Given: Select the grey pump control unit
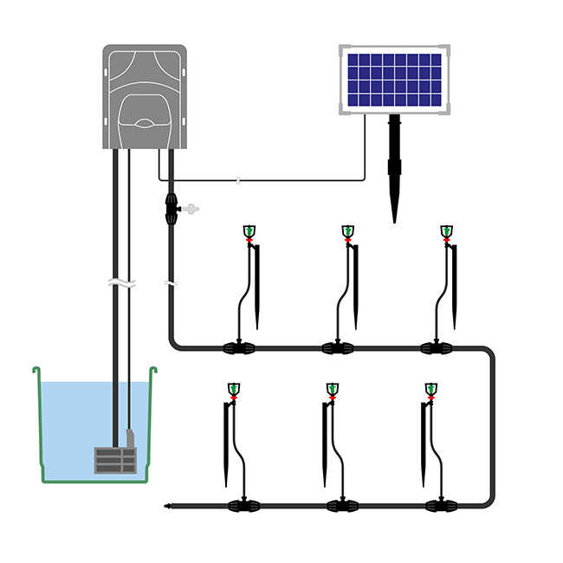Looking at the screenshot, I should (x=145, y=96).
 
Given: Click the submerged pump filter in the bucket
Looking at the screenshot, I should (x=115, y=460).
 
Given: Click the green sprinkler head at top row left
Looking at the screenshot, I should (x=249, y=231).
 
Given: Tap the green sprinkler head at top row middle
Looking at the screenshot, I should (x=347, y=231).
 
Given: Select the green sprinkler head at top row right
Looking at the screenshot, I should (x=446, y=231).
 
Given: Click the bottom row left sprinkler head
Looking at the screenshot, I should (x=234, y=389).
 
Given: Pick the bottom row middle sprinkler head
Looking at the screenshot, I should (x=333, y=389).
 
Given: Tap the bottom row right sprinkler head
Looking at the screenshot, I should (x=431, y=389).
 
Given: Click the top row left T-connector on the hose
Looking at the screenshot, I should (x=238, y=348).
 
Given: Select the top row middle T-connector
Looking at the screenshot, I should (x=337, y=348).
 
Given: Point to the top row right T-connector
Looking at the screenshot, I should (x=436, y=348).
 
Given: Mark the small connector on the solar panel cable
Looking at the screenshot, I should (x=238, y=181).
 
